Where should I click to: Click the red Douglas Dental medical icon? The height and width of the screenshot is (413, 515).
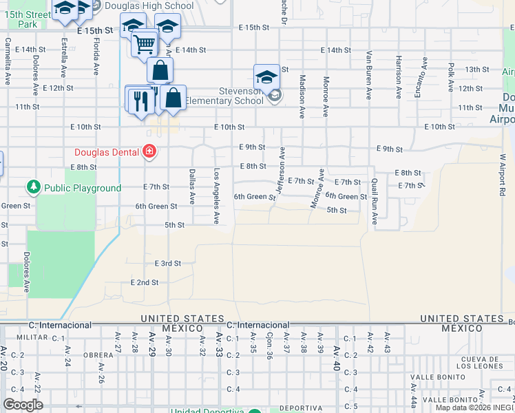[148, 152]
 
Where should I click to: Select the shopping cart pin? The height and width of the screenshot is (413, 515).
[144, 45]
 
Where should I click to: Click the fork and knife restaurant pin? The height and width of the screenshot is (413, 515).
[140, 101]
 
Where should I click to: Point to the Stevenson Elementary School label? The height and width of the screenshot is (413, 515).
[241, 96]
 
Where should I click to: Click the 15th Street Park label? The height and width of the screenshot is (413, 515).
[28, 19]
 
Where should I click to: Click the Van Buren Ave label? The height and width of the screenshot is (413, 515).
[369, 75]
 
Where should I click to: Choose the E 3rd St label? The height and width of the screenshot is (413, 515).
[167, 264]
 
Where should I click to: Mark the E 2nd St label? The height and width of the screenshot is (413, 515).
[145, 282]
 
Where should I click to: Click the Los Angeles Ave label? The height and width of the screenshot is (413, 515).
[216, 196]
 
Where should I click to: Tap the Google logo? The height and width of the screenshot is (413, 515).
[23, 405]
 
